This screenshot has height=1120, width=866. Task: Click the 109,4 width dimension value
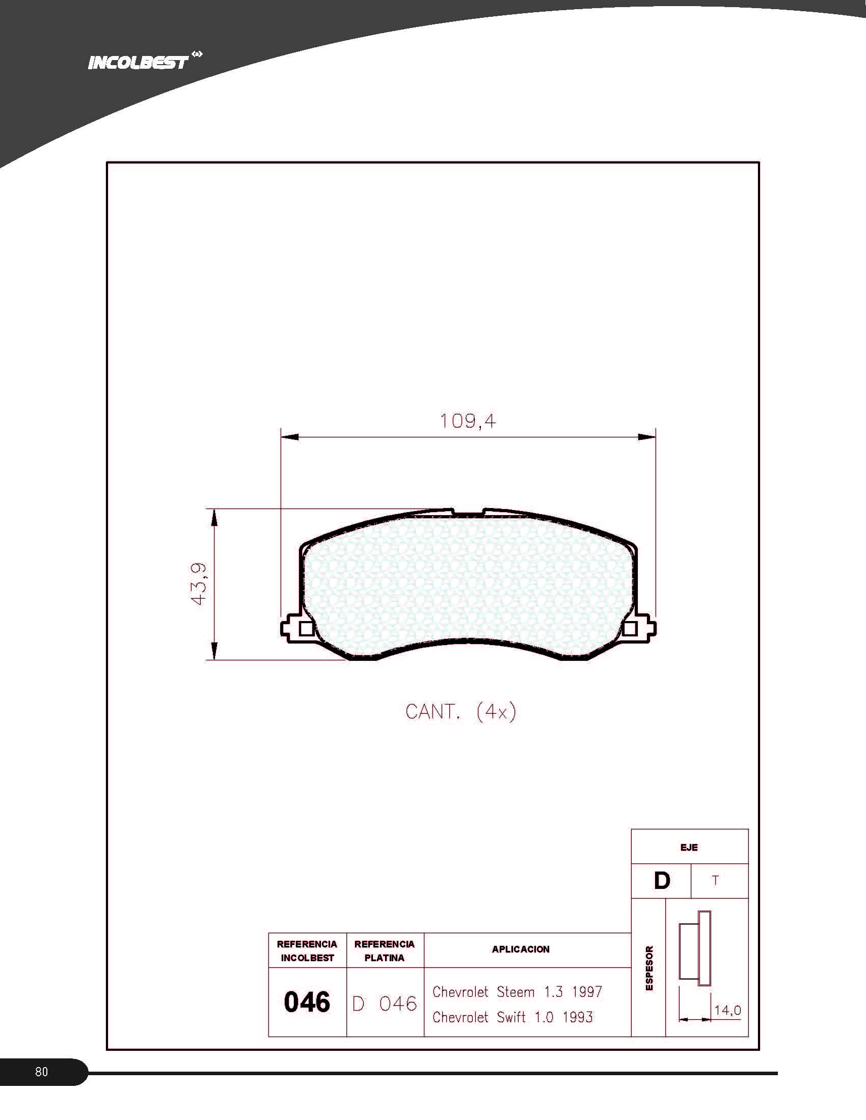[x=468, y=421]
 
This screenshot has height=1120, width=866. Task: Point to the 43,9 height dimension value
[x=199, y=583]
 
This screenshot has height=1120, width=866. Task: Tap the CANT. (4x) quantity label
[x=460, y=712]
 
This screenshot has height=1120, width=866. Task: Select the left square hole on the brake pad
[x=306, y=628]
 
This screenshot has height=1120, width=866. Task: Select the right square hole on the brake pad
[x=630, y=628]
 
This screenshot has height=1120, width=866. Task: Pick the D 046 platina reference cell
[x=385, y=1003]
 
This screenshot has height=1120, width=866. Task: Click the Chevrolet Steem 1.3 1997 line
[x=517, y=992]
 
